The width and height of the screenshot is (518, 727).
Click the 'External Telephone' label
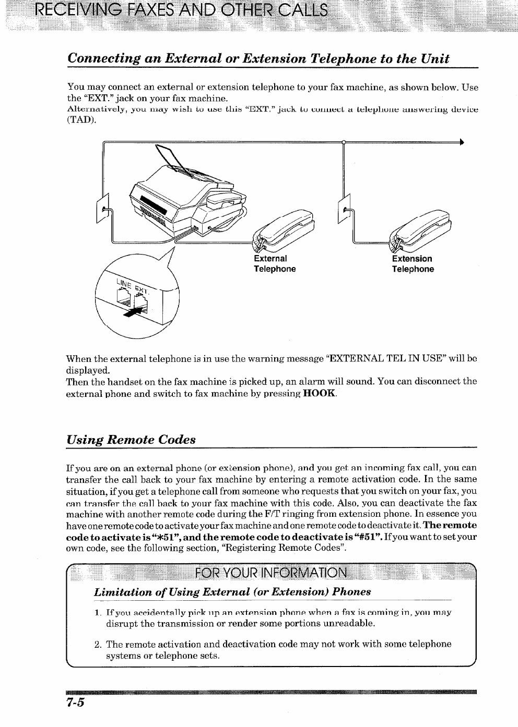275,264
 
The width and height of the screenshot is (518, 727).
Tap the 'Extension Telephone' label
413,264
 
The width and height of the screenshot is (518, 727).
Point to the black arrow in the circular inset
134,311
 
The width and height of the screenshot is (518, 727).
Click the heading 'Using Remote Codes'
131,439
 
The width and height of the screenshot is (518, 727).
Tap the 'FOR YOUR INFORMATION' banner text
270,573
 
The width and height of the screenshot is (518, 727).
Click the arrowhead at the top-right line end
461,141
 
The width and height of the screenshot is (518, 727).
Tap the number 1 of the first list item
98,612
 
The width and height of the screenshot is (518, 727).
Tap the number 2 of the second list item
98,644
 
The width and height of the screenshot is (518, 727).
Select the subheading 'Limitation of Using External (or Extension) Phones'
232,591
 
